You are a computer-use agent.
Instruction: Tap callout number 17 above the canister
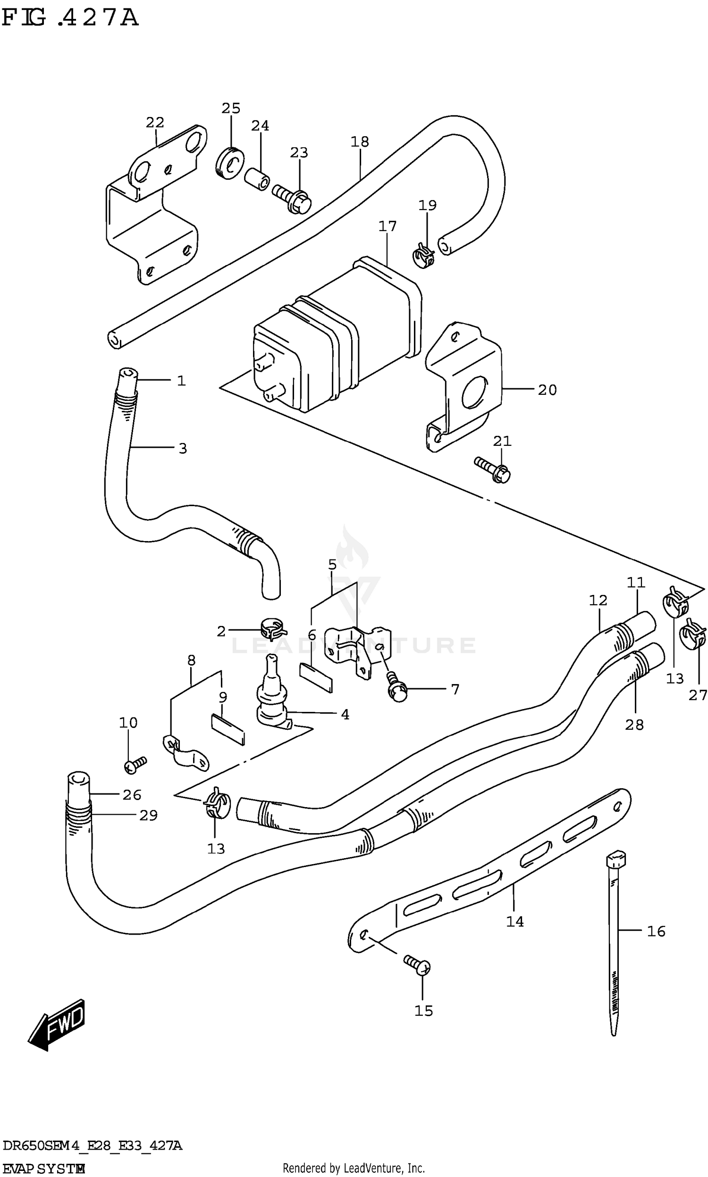pyautogui.click(x=388, y=226)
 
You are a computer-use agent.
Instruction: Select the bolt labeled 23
pyautogui.click(x=292, y=199)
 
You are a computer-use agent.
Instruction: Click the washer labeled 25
pyautogui.click(x=229, y=164)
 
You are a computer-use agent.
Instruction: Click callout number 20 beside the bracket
pyautogui.click(x=547, y=390)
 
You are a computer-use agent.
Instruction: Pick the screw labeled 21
pyautogui.click(x=493, y=469)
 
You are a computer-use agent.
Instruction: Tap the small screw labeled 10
pyautogui.click(x=135, y=764)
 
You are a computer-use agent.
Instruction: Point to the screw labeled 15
pyautogui.click(x=417, y=965)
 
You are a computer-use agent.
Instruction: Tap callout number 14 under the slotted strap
pyautogui.click(x=515, y=921)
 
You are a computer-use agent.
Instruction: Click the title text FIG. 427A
pyautogui.click(x=70, y=18)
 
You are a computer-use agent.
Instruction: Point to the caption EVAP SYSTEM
pyautogui.click(x=44, y=1165)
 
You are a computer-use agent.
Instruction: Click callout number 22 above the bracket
pyautogui.click(x=155, y=123)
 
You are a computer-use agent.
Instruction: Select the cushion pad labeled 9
pyautogui.click(x=228, y=729)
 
